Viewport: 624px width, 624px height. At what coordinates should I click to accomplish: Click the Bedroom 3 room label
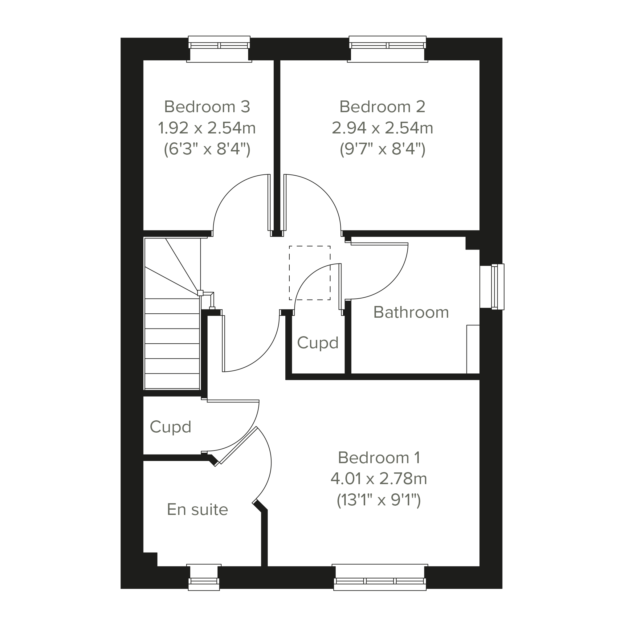point(207,107)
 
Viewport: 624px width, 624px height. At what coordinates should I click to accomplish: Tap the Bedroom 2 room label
point(382,107)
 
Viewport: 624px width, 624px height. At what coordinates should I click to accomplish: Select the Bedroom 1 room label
point(379,458)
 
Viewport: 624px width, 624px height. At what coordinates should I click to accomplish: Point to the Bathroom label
point(411,312)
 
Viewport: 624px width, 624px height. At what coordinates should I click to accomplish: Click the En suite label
point(197,510)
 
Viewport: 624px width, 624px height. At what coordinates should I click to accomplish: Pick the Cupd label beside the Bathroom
point(317,343)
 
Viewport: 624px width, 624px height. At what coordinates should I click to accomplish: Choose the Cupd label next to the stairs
point(170,427)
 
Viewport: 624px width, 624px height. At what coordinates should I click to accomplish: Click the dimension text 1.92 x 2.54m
point(207,128)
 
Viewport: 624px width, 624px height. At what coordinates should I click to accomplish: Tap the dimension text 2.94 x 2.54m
point(382,128)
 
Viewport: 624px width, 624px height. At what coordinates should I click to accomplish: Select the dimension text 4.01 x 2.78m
point(379,479)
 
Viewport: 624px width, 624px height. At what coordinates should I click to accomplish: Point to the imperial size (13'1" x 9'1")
point(379,500)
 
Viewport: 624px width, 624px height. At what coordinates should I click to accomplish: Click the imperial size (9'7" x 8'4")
point(382,149)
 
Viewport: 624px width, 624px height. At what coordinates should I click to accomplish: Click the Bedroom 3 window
point(219,49)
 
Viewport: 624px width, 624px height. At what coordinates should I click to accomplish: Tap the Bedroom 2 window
point(388,49)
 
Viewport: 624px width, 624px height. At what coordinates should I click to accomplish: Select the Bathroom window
point(492,287)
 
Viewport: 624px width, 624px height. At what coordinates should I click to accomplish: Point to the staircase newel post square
point(200,293)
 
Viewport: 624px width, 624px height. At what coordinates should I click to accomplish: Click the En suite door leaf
point(239,445)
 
